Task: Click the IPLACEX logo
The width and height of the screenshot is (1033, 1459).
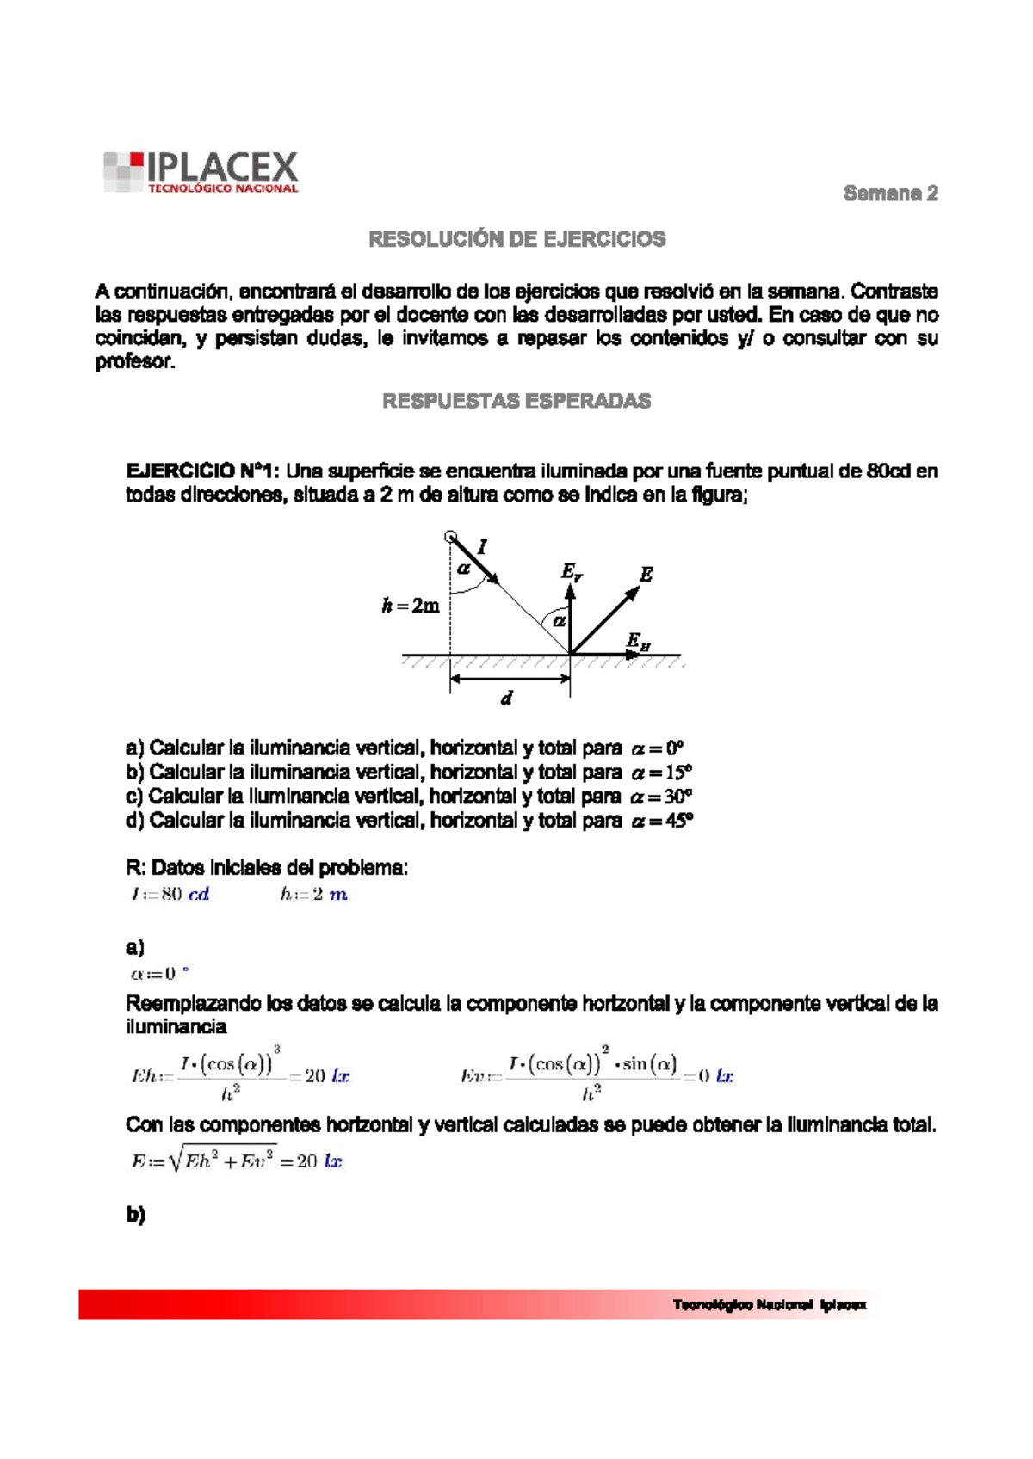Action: [x=201, y=172]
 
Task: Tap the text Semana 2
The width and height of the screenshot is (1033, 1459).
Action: [x=890, y=194]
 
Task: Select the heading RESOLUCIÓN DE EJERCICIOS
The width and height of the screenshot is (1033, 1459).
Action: [x=516, y=239]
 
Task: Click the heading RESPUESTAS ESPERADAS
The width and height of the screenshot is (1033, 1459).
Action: [x=516, y=401]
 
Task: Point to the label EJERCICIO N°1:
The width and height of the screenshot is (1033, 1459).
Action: [x=202, y=471]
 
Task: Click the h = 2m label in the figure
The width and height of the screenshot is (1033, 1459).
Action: [x=411, y=606]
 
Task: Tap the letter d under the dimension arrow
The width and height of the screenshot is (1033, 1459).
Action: [x=506, y=699]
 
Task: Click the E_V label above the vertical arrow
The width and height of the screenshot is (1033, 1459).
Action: [x=572, y=571]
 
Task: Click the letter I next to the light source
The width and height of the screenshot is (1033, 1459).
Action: [x=482, y=546]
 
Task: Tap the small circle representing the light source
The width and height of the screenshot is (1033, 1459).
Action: [x=450, y=537]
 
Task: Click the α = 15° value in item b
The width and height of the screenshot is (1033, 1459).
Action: [x=662, y=773]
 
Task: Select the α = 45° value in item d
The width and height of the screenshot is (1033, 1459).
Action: [x=662, y=821]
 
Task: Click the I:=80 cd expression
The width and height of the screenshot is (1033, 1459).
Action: [x=170, y=895]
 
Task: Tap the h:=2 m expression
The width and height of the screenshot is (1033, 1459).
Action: [x=313, y=895]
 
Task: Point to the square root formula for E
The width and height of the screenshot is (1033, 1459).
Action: [x=237, y=1161]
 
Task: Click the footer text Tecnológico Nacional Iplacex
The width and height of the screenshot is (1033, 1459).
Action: [x=770, y=1305]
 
